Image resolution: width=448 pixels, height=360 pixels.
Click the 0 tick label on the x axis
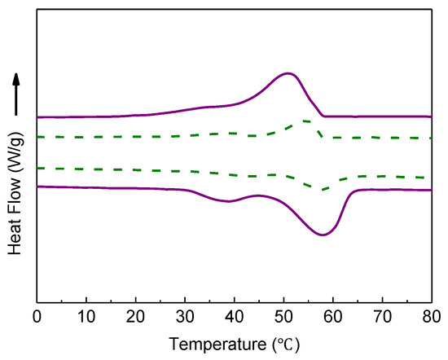point(37,316)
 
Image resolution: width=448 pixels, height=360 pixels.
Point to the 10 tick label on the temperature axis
point(86,316)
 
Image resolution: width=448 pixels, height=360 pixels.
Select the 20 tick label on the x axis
point(136,316)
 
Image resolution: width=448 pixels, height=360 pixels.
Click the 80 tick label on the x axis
point(431,316)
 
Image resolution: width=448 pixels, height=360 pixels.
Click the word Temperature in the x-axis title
point(217,344)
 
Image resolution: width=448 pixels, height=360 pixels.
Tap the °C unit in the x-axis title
point(288,344)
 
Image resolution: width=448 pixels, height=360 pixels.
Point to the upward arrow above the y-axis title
point(15,94)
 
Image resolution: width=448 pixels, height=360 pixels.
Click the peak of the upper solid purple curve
point(288,73)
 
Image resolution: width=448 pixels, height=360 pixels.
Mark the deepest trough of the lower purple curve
point(323,235)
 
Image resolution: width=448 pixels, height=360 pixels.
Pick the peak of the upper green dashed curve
point(303,121)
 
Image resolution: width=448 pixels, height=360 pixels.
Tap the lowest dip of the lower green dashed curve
point(323,190)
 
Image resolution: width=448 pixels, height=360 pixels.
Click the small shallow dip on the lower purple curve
point(231,201)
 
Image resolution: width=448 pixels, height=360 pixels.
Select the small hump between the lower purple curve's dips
point(258,195)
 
